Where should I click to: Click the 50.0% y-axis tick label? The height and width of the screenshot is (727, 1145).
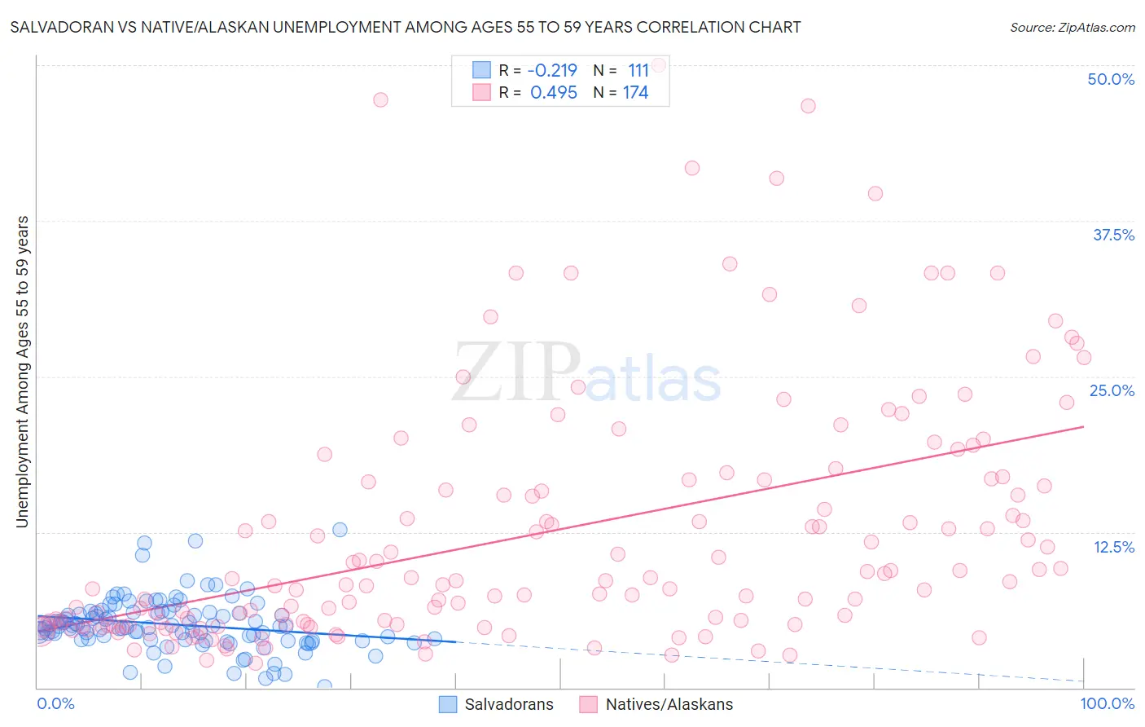click(x=1111, y=79)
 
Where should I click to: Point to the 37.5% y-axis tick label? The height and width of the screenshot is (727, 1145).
click(x=1113, y=235)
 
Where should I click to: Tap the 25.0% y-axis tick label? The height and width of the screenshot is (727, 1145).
click(x=1112, y=390)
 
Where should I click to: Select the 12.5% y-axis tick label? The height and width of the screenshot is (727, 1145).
click(x=1113, y=547)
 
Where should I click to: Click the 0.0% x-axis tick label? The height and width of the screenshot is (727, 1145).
click(x=55, y=703)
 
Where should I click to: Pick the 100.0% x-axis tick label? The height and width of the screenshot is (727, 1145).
click(x=1108, y=703)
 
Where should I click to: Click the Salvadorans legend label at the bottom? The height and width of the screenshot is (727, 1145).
click(x=509, y=704)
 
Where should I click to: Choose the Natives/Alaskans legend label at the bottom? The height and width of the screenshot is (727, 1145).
click(x=669, y=704)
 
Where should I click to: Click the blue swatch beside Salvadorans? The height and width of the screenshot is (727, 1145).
click(x=448, y=704)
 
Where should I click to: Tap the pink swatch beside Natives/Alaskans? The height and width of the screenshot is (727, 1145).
click(x=589, y=704)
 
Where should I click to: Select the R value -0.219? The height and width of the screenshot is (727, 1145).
click(x=553, y=70)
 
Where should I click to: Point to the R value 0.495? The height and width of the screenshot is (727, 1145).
click(x=554, y=92)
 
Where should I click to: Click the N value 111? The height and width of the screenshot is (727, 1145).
click(x=638, y=70)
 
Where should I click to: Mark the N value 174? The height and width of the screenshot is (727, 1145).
click(x=636, y=92)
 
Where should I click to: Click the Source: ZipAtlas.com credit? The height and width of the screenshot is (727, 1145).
click(x=1072, y=27)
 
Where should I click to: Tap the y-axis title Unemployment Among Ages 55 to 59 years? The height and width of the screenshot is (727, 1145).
click(x=22, y=372)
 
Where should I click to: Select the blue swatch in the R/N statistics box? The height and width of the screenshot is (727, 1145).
click(x=482, y=70)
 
